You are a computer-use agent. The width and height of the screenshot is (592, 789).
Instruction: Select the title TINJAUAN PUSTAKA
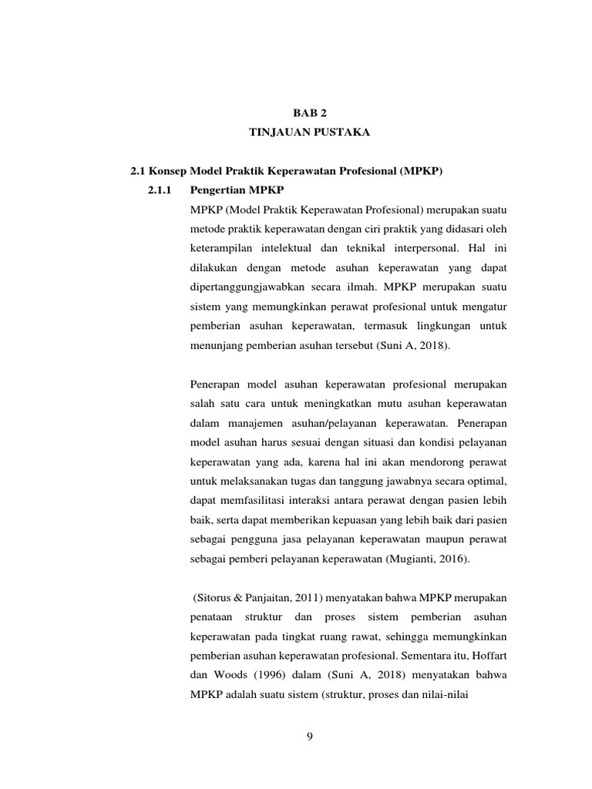pyautogui.click(x=310, y=133)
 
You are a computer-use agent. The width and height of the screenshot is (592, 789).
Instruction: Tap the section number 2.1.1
pyautogui.click(x=160, y=190)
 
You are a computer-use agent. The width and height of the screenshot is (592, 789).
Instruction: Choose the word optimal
pyautogui.click(x=489, y=480)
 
